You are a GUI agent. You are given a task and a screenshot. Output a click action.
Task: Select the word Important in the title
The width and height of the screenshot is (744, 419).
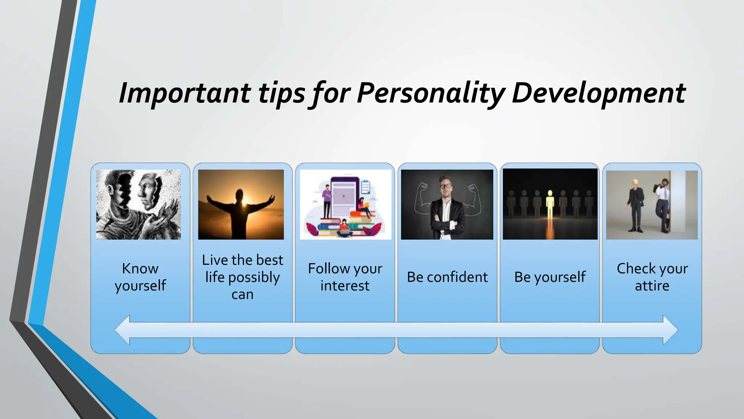click(185, 93)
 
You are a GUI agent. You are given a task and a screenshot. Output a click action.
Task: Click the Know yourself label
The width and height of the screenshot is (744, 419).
click(140, 277)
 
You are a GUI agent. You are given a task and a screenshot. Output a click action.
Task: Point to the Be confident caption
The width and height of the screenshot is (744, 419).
click(447, 277)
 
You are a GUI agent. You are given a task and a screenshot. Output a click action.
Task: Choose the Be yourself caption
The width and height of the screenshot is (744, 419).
click(550, 277)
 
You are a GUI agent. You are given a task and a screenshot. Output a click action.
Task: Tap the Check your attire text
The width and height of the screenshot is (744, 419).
click(652, 277)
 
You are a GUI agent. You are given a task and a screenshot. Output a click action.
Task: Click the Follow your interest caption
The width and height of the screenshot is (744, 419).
click(345, 277)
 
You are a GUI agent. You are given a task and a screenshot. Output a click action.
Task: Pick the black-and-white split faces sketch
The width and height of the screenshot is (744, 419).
click(138, 204)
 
